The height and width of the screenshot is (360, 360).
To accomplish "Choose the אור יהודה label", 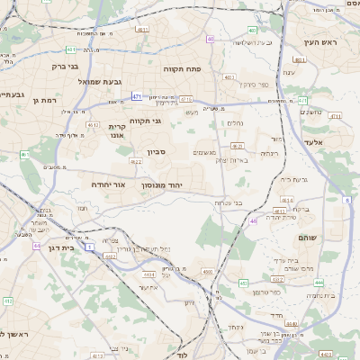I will point(107,184).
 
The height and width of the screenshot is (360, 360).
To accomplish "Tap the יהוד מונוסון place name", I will point(173,184).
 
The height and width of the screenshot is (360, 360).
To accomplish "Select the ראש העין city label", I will point(319,42).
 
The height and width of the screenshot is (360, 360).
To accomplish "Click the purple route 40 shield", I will point(211,39).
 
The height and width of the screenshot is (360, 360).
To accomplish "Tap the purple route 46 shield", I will point(255,221).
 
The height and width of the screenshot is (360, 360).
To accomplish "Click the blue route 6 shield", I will point(348,201).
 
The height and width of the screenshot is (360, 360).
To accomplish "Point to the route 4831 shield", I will point(300,60).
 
